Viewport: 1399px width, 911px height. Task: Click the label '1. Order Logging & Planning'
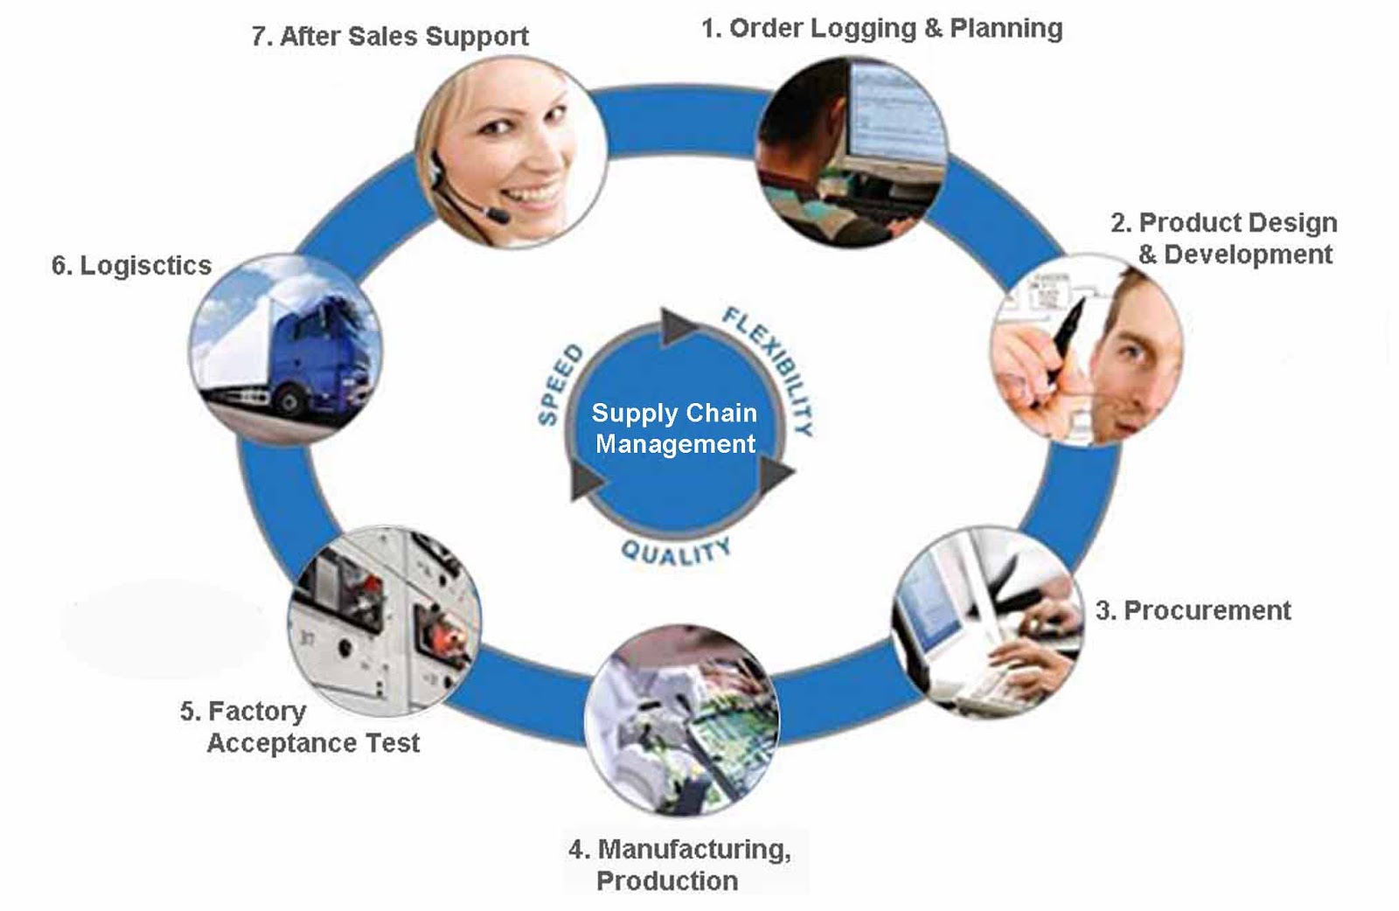881,29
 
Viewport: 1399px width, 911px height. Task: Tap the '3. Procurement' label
1193,610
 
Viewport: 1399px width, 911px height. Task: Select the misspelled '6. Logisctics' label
131,266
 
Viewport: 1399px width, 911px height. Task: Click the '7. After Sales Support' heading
390,37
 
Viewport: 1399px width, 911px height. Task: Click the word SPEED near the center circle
559,385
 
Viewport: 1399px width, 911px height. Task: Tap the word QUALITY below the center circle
675,552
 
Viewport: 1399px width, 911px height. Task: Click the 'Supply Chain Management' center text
674,428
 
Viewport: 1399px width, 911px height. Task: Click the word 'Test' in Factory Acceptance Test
393,743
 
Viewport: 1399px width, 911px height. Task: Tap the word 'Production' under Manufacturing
666,880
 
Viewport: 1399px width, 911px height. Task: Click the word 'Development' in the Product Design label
1248,254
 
